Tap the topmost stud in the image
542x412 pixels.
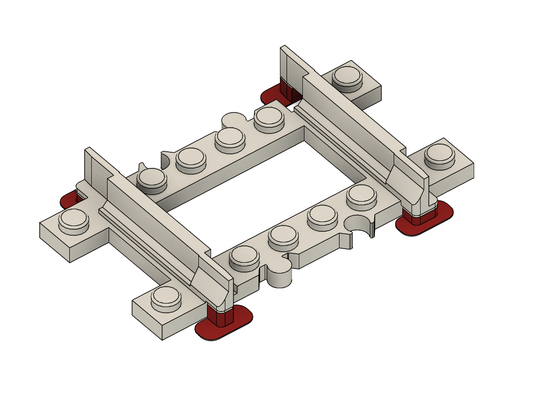tap(347, 76)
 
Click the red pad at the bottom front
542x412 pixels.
tap(224, 326)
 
